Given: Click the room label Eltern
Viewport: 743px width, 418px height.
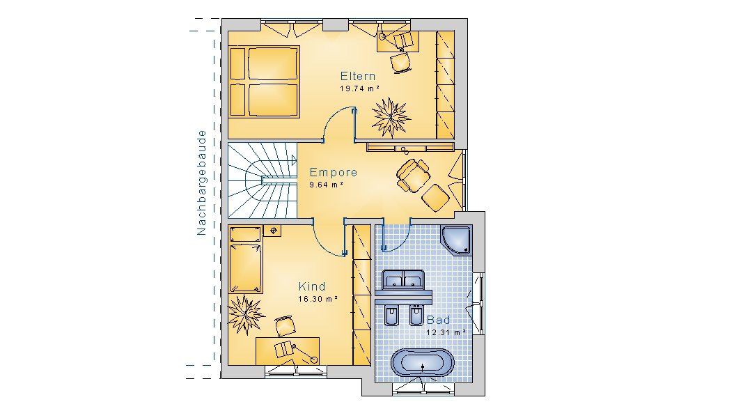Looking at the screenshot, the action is coord(358,77).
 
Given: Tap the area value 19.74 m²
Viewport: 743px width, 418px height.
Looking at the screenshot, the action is coord(359,88).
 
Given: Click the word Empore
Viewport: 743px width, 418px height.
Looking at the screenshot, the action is coord(333,173).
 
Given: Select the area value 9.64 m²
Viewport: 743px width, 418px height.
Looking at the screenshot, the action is coord(326,185).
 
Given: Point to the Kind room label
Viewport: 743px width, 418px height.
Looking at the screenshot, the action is coord(312,287).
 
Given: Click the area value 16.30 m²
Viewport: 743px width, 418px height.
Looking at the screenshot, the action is coord(318,299).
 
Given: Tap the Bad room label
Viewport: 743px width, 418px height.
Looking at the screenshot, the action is coord(438,320).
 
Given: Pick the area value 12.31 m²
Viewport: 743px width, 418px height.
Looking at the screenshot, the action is coord(446,332).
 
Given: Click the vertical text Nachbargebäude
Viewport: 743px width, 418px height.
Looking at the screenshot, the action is coord(202,183).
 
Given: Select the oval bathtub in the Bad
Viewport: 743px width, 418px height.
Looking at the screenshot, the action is coord(422,362).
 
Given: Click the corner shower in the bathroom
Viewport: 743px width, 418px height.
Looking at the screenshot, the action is coord(457,240).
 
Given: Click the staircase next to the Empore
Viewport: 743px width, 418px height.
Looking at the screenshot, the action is coord(262,180).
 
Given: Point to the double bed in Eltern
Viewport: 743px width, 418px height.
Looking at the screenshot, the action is coord(265,82).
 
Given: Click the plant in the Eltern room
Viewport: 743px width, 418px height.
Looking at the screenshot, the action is coord(391,117).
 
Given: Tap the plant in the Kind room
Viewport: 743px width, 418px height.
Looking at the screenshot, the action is coord(245,314).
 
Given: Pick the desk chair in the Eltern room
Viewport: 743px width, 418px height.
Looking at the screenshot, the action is coord(401,62).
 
